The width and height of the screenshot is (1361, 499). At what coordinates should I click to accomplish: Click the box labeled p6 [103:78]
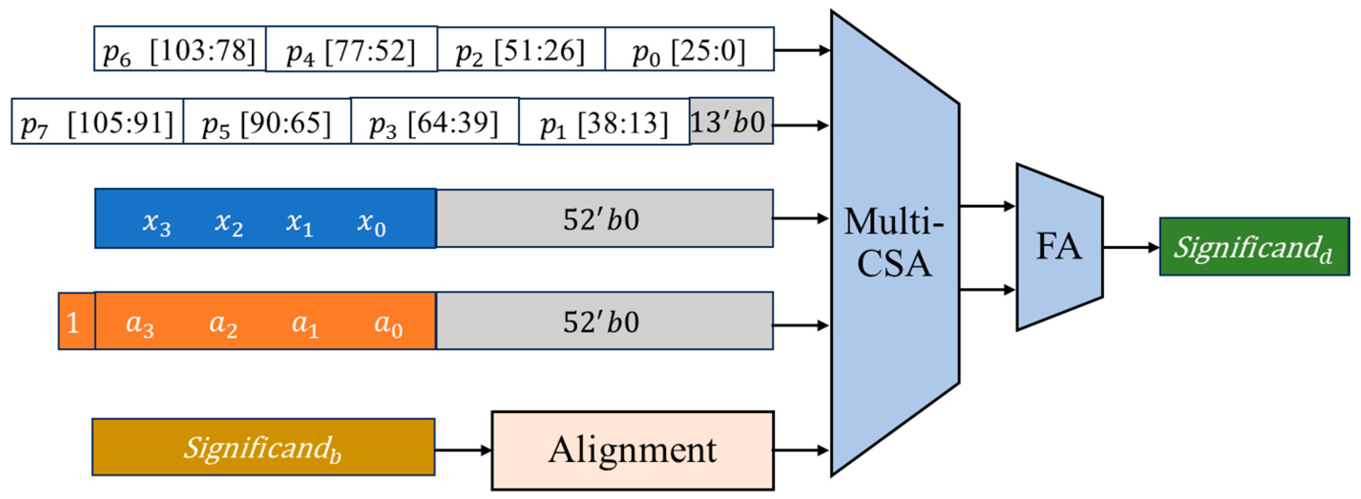coord(179,49)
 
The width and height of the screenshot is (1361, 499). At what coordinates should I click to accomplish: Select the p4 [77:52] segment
coord(351,49)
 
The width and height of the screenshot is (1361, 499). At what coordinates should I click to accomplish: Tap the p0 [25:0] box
coord(690,49)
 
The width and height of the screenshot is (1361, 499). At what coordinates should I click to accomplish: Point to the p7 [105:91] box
coord(97,122)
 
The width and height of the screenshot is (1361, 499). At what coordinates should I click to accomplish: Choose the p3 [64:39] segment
coord(434,121)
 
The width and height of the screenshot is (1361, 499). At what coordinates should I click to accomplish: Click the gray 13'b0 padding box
coord(731,121)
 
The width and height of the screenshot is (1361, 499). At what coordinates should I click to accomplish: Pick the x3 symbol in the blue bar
coord(157,223)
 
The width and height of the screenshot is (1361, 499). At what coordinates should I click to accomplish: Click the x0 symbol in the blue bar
coord(371,223)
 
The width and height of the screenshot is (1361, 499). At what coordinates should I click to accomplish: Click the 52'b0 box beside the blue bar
coord(604,218)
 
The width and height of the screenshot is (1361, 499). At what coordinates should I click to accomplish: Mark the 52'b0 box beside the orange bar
coord(604,321)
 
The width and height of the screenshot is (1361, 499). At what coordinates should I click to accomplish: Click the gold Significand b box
coord(263,447)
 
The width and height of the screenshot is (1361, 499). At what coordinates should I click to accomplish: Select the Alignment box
coord(632,450)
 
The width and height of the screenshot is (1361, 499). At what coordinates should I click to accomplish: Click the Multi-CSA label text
coord(894,242)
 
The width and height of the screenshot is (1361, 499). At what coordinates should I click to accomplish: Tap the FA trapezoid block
coord(1059,247)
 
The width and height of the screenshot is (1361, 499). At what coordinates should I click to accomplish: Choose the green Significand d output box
coord(1254,247)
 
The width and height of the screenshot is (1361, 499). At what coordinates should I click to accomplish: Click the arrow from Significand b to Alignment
coord(463,450)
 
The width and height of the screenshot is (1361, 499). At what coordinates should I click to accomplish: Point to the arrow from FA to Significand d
coord(1131,247)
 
